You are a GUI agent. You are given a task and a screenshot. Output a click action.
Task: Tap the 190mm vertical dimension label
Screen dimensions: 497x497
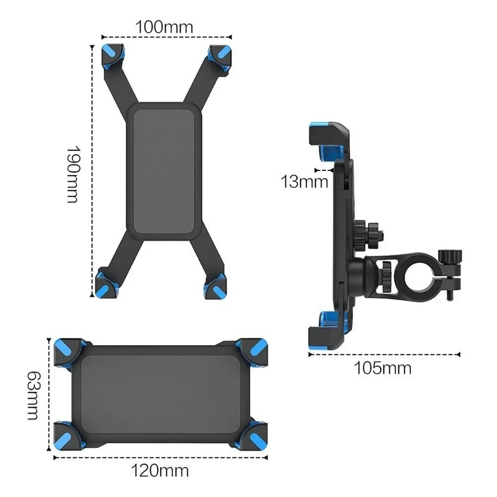tap(73, 174)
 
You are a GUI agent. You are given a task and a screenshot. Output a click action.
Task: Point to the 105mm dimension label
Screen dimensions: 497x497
tap(383, 368)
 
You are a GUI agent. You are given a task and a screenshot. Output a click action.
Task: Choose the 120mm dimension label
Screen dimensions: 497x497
tap(160, 469)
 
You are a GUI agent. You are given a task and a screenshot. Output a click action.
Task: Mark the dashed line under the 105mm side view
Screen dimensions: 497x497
tap(383, 354)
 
